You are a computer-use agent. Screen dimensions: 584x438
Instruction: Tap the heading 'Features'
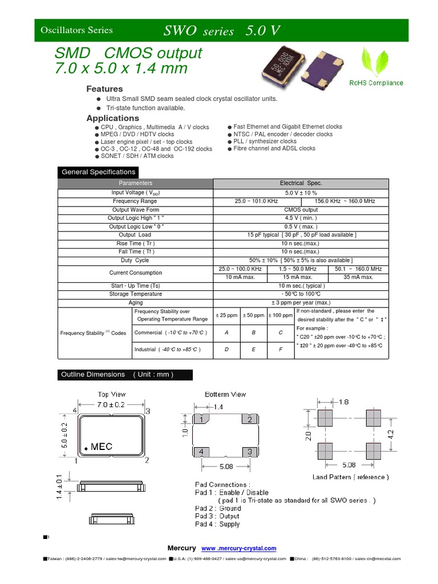[104, 89]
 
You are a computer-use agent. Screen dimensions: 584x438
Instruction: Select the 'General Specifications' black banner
[98, 172]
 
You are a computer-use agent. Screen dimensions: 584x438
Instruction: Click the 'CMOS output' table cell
[301, 210]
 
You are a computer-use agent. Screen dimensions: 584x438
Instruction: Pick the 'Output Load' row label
[135, 235]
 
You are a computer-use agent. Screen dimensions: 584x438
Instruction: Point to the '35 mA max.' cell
[358, 277]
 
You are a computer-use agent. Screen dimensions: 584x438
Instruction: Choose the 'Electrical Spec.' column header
[301, 184]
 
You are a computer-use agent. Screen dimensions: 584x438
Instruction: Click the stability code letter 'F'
[281, 349]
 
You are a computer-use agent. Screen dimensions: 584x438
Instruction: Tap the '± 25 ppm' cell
[226, 315]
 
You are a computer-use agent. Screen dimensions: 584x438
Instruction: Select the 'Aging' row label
[136, 303]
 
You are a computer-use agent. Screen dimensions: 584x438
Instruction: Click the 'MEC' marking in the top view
[101, 447]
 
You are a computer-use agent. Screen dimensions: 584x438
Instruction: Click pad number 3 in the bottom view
[249, 451]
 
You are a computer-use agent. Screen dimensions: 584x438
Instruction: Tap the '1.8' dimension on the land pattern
[343, 401]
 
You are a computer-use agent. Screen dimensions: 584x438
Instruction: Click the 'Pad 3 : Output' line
[217, 516]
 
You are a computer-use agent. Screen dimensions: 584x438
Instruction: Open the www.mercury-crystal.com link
[239, 549]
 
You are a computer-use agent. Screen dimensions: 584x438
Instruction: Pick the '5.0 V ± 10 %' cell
[301, 193]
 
